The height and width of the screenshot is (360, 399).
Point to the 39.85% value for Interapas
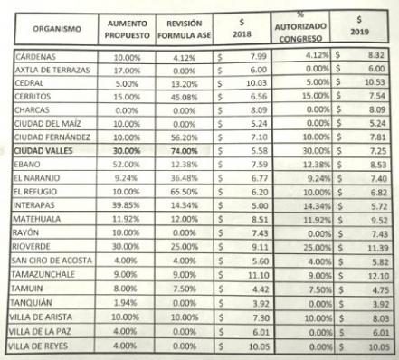122,205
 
